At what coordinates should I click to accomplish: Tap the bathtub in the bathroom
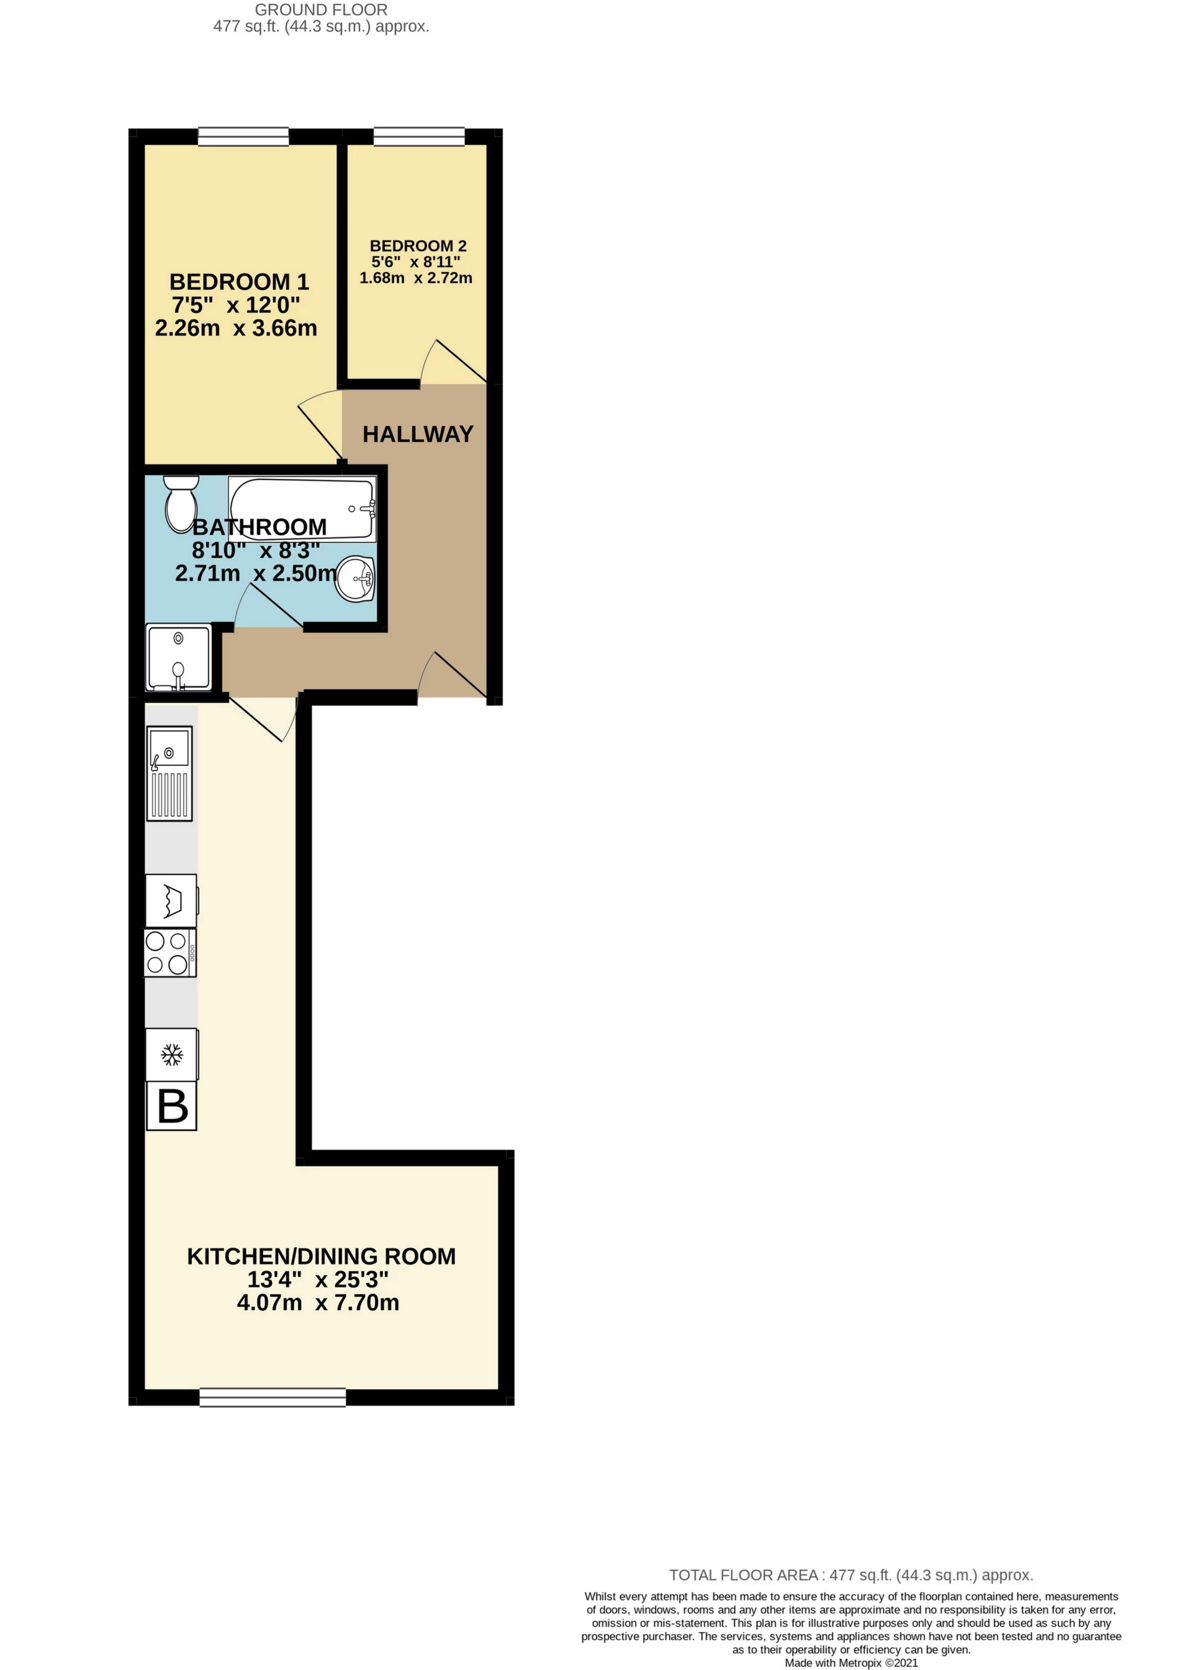(x=302, y=509)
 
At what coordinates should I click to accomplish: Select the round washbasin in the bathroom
(x=357, y=578)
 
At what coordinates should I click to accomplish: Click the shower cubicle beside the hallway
(x=178, y=657)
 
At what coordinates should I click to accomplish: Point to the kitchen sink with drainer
(x=169, y=773)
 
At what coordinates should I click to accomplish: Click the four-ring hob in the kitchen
(x=170, y=952)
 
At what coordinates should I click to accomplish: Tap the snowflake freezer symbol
(x=172, y=1055)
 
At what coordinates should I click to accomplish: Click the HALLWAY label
(x=418, y=434)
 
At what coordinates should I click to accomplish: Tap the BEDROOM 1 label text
(x=238, y=282)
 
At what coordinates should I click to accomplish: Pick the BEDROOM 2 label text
(x=418, y=246)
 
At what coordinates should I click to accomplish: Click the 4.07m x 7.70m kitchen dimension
(x=318, y=1302)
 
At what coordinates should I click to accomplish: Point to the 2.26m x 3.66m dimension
(x=236, y=327)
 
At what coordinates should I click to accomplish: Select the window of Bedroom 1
(x=243, y=136)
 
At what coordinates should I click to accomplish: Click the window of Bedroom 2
(x=419, y=136)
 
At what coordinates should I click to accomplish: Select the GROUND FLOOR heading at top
(x=321, y=11)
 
